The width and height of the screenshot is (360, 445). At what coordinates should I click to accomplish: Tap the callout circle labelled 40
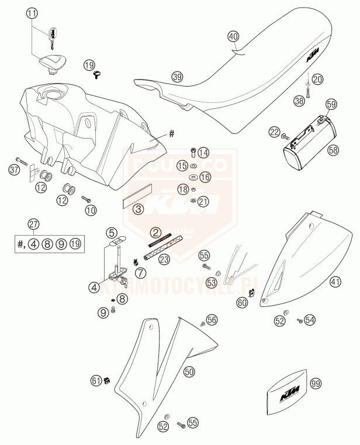point(233,36)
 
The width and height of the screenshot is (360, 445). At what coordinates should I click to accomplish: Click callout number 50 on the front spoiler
point(189,371)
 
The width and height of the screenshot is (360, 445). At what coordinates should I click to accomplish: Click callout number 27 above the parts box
point(34,223)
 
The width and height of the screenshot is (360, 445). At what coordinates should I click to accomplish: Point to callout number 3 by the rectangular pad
point(139,209)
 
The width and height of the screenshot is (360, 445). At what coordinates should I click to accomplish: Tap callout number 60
point(242,302)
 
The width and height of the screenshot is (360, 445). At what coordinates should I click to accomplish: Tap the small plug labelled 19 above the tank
point(97,74)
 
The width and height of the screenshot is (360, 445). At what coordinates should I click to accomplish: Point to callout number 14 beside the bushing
point(203,153)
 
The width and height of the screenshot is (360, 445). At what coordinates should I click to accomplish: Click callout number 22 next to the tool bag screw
point(274,133)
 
